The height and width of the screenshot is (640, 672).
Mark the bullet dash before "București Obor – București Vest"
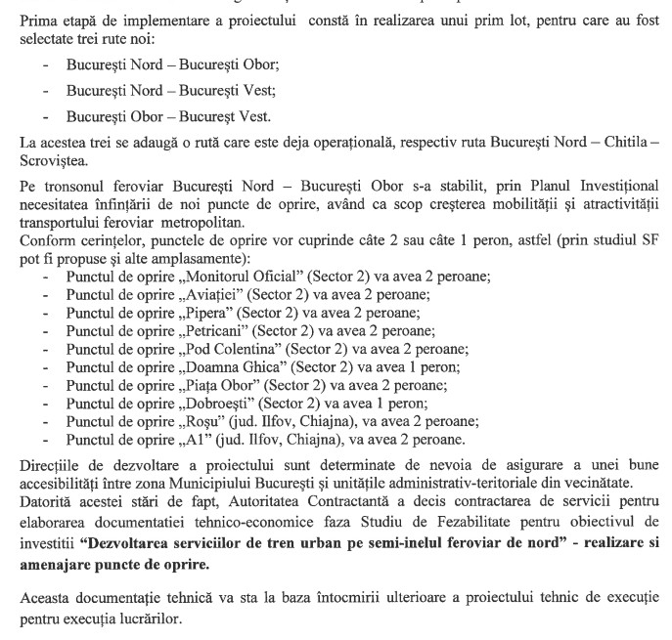(x=45, y=115)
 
